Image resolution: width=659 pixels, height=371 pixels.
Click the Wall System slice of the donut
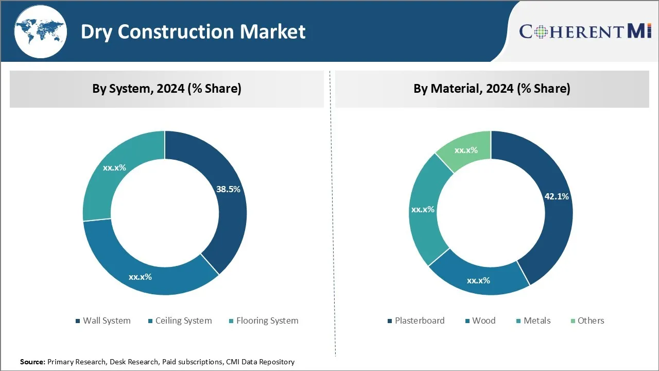pyautogui.click(x=227, y=206)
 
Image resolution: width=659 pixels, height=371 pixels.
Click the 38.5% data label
pyautogui.click(x=228, y=189)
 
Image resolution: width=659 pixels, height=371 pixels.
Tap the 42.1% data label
pyautogui.click(x=557, y=196)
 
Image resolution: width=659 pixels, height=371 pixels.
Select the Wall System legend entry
pyautogui.click(x=107, y=321)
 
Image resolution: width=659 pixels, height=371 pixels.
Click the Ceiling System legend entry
pyautogui.click(x=183, y=321)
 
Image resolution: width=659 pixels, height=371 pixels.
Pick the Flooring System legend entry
pyautogui.click(x=267, y=321)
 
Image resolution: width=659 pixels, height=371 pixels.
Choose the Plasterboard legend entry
pyautogui.click(x=419, y=321)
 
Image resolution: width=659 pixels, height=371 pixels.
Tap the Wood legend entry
pyautogui.click(x=483, y=321)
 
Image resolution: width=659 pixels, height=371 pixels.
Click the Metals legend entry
pyautogui.click(x=536, y=321)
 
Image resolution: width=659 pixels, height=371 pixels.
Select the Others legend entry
pyautogui.click(x=591, y=321)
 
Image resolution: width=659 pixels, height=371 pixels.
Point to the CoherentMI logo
pyautogui.click(x=585, y=31)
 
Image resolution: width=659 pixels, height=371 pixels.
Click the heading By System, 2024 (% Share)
pyautogui.click(x=167, y=89)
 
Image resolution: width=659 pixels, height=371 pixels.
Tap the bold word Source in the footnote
pyautogui.click(x=32, y=362)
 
